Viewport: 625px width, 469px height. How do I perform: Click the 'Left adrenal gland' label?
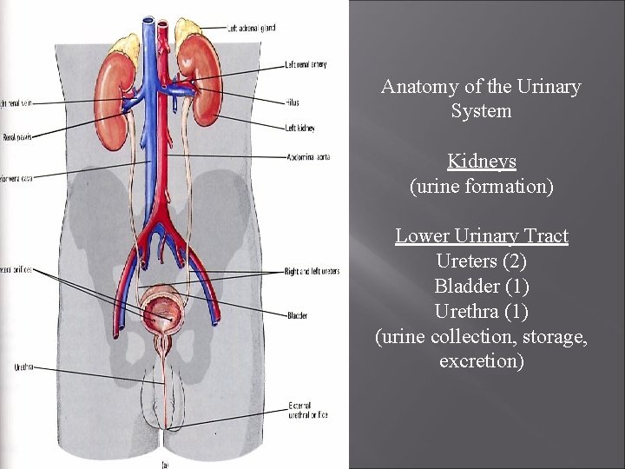(x=251, y=29)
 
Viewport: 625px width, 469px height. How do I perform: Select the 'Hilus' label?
(x=292, y=102)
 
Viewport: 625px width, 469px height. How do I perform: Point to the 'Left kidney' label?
(x=300, y=129)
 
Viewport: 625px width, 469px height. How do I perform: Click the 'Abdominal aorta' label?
(x=307, y=157)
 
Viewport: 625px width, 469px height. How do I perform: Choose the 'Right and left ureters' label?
(x=312, y=272)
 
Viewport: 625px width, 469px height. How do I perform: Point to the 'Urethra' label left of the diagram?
(x=23, y=367)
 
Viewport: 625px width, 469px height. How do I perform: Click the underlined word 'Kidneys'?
(x=482, y=162)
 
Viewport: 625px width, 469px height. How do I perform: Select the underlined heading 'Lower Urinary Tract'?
(x=482, y=236)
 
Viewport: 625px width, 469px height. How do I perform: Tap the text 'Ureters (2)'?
(x=482, y=261)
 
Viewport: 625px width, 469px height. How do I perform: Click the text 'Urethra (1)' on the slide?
(x=482, y=311)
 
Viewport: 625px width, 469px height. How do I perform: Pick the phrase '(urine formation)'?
(x=482, y=186)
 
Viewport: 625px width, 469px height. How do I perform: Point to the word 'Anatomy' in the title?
(x=415, y=87)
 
